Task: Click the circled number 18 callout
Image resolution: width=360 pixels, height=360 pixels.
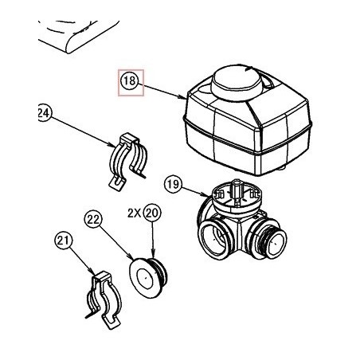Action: click(130, 80)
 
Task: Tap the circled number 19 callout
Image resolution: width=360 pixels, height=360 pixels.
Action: click(174, 184)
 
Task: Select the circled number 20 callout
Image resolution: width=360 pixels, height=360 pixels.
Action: click(152, 213)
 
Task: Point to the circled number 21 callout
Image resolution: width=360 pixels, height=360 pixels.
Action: click(64, 241)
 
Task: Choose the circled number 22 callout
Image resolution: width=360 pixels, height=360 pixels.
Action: click(93, 220)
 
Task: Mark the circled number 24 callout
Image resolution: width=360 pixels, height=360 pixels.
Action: click(44, 113)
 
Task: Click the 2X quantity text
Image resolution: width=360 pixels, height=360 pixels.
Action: click(135, 213)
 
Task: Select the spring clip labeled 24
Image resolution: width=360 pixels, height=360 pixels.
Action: click(128, 161)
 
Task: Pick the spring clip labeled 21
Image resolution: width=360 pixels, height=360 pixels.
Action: click(104, 299)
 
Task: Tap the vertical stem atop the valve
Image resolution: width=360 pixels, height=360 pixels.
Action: click(236, 189)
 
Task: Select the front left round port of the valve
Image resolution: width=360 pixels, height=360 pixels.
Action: click(214, 239)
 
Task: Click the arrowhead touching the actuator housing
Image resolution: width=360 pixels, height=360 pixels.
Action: click(184, 98)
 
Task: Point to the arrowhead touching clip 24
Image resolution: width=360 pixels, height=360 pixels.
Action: click(113, 145)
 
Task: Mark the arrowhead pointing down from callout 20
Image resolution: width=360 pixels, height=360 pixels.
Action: click(152, 255)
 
